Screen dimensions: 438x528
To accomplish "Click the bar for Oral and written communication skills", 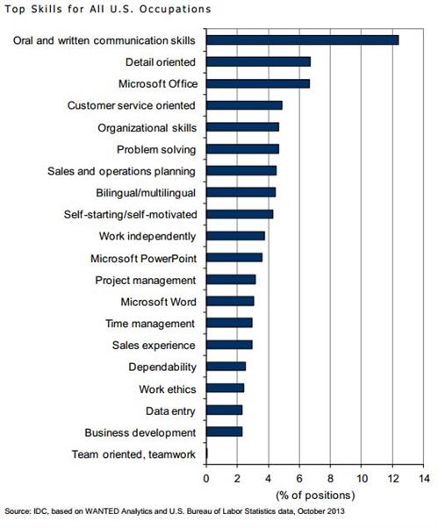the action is pyautogui.click(x=303, y=40).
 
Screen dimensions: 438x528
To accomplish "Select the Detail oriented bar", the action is pyautogui.click(x=258, y=62).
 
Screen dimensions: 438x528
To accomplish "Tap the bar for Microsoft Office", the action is pyautogui.click(x=258, y=83).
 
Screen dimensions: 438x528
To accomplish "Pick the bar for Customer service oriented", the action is pyautogui.click(x=244, y=105).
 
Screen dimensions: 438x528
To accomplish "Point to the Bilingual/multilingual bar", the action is pyautogui.click(x=241, y=192).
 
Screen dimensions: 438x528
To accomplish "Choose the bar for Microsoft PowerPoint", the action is pyautogui.click(x=234, y=258).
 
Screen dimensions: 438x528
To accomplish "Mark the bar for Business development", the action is pyautogui.click(x=225, y=432).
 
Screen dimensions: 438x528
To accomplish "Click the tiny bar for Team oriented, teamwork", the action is pyautogui.click(x=207, y=453).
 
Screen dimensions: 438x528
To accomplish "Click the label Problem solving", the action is pyautogui.click(x=156, y=150).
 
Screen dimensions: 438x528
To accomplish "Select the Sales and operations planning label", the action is pyautogui.click(x=121, y=171).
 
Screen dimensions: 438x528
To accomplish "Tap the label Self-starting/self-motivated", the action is pyautogui.click(x=131, y=215).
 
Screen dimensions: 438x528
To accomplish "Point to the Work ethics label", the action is pyautogui.click(x=168, y=389).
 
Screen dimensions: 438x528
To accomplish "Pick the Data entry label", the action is pyautogui.click(x=170, y=411).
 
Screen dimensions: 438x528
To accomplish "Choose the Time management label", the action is pyautogui.click(x=150, y=324).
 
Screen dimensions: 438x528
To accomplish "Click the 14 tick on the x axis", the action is pyautogui.click(x=424, y=478).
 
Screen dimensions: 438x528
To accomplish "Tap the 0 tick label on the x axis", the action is pyautogui.click(x=206, y=478).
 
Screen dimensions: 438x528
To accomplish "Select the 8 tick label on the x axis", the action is pyautogui.click(x=331, y=478).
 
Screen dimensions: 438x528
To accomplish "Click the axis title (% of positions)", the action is pyautogui.click(x=315, y=496).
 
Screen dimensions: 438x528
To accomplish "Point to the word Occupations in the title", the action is pyautogui.click(x=176, y=10).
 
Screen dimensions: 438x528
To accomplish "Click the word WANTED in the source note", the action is pyautogui.click(x=102, y=511).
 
